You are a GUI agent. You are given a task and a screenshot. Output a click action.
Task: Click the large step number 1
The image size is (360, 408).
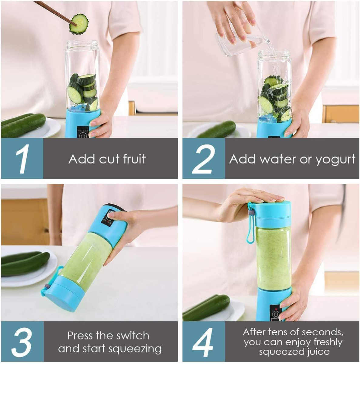point(23,159)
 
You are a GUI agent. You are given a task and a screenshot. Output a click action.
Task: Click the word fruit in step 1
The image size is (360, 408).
point(134,159)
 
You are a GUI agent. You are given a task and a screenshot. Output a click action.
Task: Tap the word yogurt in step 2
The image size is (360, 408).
point(335,160)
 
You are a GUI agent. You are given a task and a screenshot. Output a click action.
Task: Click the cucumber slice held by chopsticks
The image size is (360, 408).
point(79,24)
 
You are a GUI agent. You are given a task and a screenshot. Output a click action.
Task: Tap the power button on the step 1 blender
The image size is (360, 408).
point(82,135)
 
